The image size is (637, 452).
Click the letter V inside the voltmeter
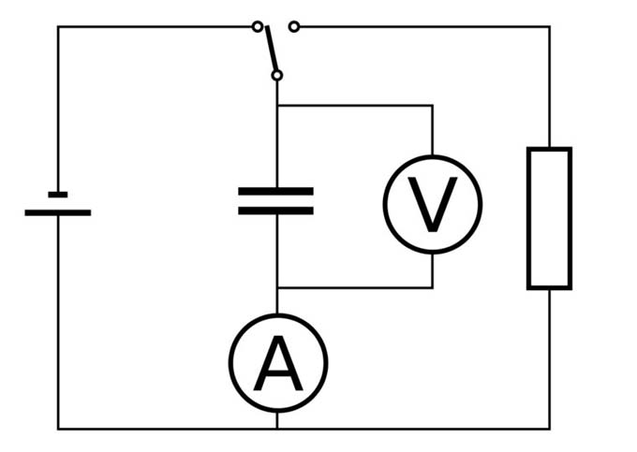pos(432,204)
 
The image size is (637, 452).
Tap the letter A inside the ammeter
pos(278,364)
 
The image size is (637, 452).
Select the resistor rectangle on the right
pos(549,218)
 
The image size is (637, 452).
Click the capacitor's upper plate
pos(275,191)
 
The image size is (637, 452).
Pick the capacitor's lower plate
pos(275,211)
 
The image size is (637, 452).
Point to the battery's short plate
pos(58,195)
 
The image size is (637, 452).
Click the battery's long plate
pos(58,212)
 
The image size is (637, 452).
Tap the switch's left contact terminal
pos(258,26)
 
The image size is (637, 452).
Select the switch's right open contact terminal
pos(294,26)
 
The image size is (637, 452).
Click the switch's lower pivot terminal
pos(276,75)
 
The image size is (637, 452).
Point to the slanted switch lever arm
pos(270,49)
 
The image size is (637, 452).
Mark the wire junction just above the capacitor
pos(277,106)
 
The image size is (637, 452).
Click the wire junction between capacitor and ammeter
pos(277,287)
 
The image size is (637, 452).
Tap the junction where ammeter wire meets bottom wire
pos(277,429)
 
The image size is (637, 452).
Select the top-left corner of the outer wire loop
pos(58,26)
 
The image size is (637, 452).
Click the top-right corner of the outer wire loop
pos(549,26)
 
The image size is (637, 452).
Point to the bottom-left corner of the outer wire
pos(58,429)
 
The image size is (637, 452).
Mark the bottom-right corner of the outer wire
pos(549,429)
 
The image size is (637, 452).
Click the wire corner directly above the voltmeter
pos(432,106)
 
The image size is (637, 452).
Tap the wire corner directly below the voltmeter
pos(432,287)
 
